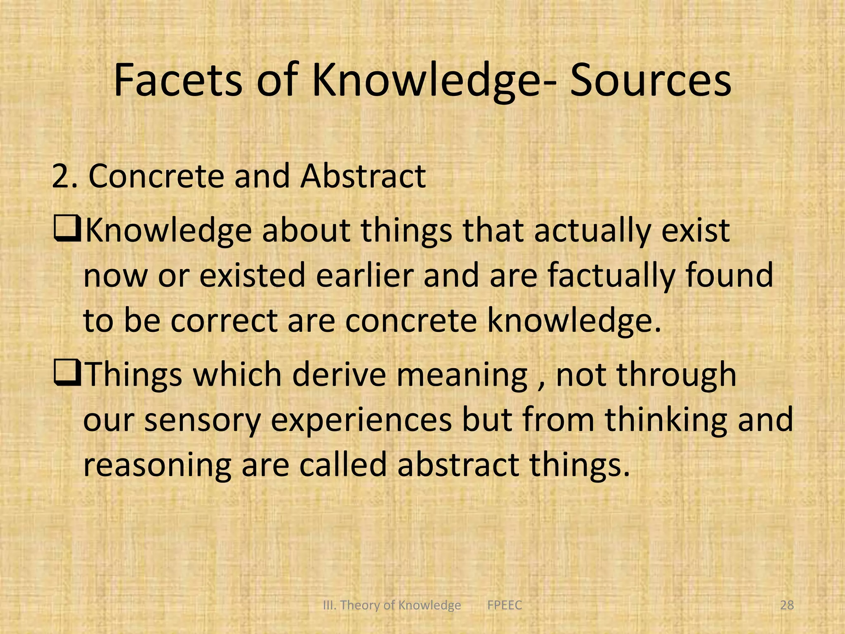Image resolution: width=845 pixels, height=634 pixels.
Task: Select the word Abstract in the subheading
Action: click(363, 177)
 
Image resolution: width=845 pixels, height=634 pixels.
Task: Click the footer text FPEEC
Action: click(504, 605)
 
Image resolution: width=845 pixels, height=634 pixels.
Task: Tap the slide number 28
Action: click(787, 605)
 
